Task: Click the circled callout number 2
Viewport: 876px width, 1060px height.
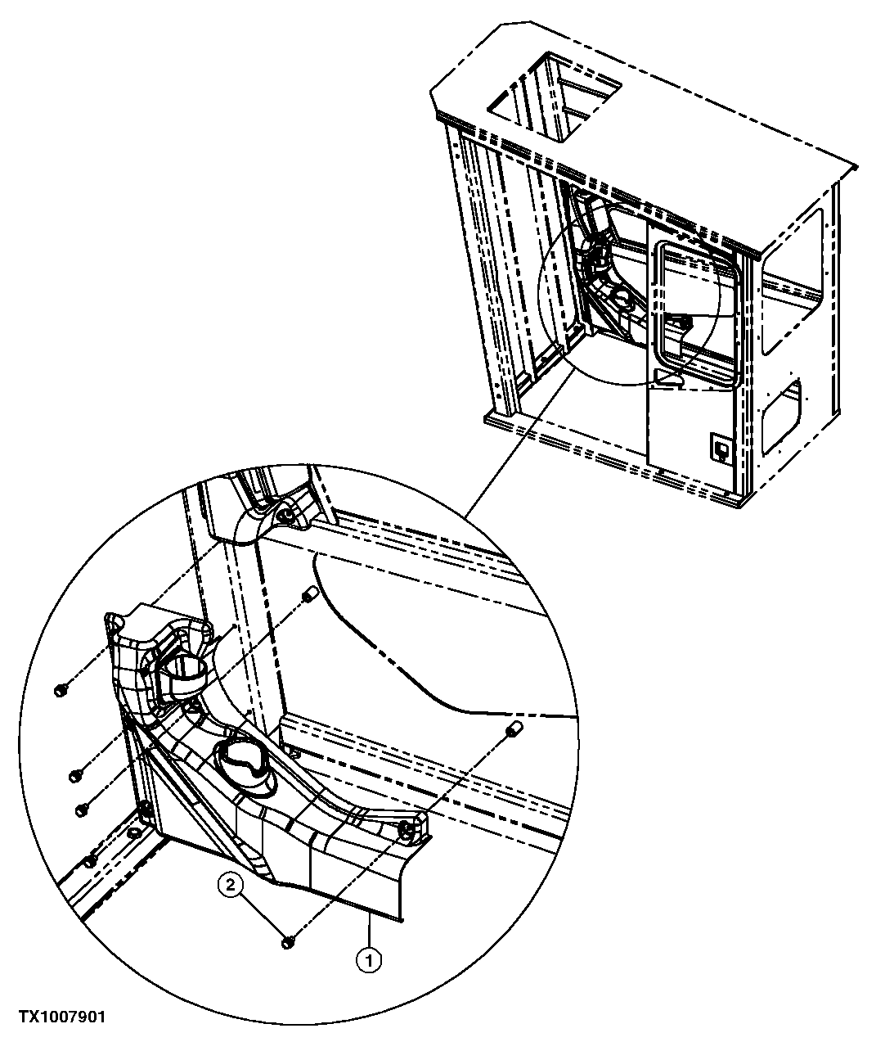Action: click(x=231, y=885)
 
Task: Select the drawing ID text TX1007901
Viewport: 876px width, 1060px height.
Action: click(x=62, y=1017)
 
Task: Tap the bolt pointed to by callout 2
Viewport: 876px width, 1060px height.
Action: click(x=288, y=943)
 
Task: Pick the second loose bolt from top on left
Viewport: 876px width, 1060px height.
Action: click(x=74, y=772)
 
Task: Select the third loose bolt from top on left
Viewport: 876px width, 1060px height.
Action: click(x=81, y=809)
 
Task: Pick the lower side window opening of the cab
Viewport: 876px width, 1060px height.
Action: click(x=783, y=413)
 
